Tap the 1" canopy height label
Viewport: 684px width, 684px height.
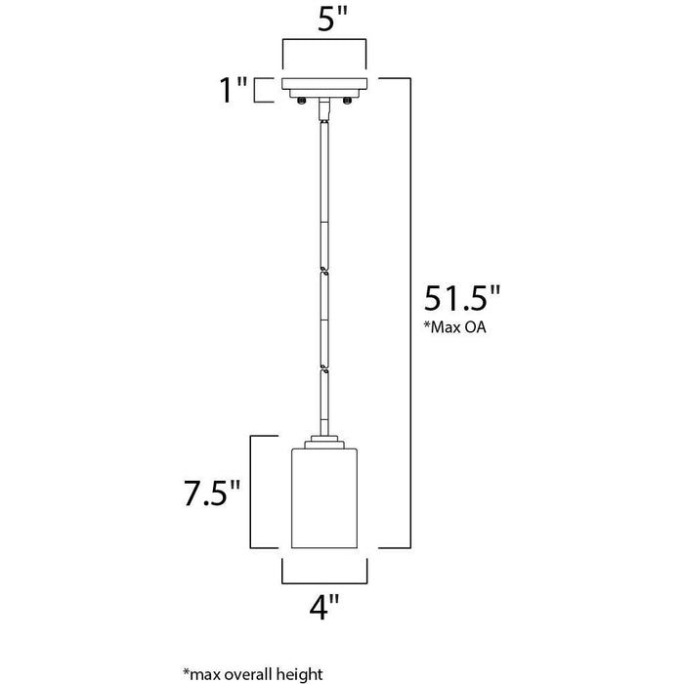(x=233, y=90)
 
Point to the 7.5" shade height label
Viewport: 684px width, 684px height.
(x=212, y=493)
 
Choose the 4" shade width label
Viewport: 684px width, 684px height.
(x=324, y=607)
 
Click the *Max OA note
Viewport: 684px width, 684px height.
(x=455, y=327)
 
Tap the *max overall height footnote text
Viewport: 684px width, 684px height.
(x=253, y=673)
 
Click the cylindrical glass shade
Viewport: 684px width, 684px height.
(x=324, y=497)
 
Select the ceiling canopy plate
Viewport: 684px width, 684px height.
(x=324, y=88)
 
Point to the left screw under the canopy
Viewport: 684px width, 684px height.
(x=301, y=101)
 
